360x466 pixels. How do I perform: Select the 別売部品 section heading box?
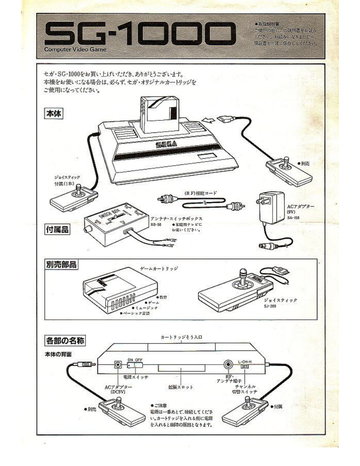coord(62,265)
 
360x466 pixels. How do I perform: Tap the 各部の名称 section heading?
coord(65,341)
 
